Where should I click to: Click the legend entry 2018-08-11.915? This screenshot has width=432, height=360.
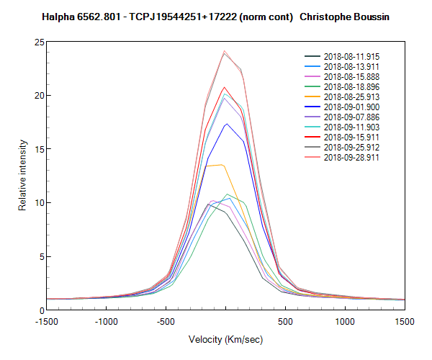tap(349, 56)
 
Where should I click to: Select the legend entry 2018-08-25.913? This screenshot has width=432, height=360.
tap(349, 96)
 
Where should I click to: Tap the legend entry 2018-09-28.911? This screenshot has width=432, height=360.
tap(349, 157)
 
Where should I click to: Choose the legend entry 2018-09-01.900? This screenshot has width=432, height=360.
tap(349, 107)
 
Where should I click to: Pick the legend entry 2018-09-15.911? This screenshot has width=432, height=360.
tap(349, 137)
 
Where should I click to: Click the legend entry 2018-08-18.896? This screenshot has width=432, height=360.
tap(349, 86)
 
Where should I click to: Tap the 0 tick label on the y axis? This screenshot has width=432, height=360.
tap(40, 310)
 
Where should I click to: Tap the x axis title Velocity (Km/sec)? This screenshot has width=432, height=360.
tap(225, 339)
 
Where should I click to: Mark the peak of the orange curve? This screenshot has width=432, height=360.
tap(222, 165)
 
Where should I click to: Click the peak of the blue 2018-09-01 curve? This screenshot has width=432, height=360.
tap(226, 124)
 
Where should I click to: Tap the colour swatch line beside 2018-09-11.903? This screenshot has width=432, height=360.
tap(312, 127)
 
